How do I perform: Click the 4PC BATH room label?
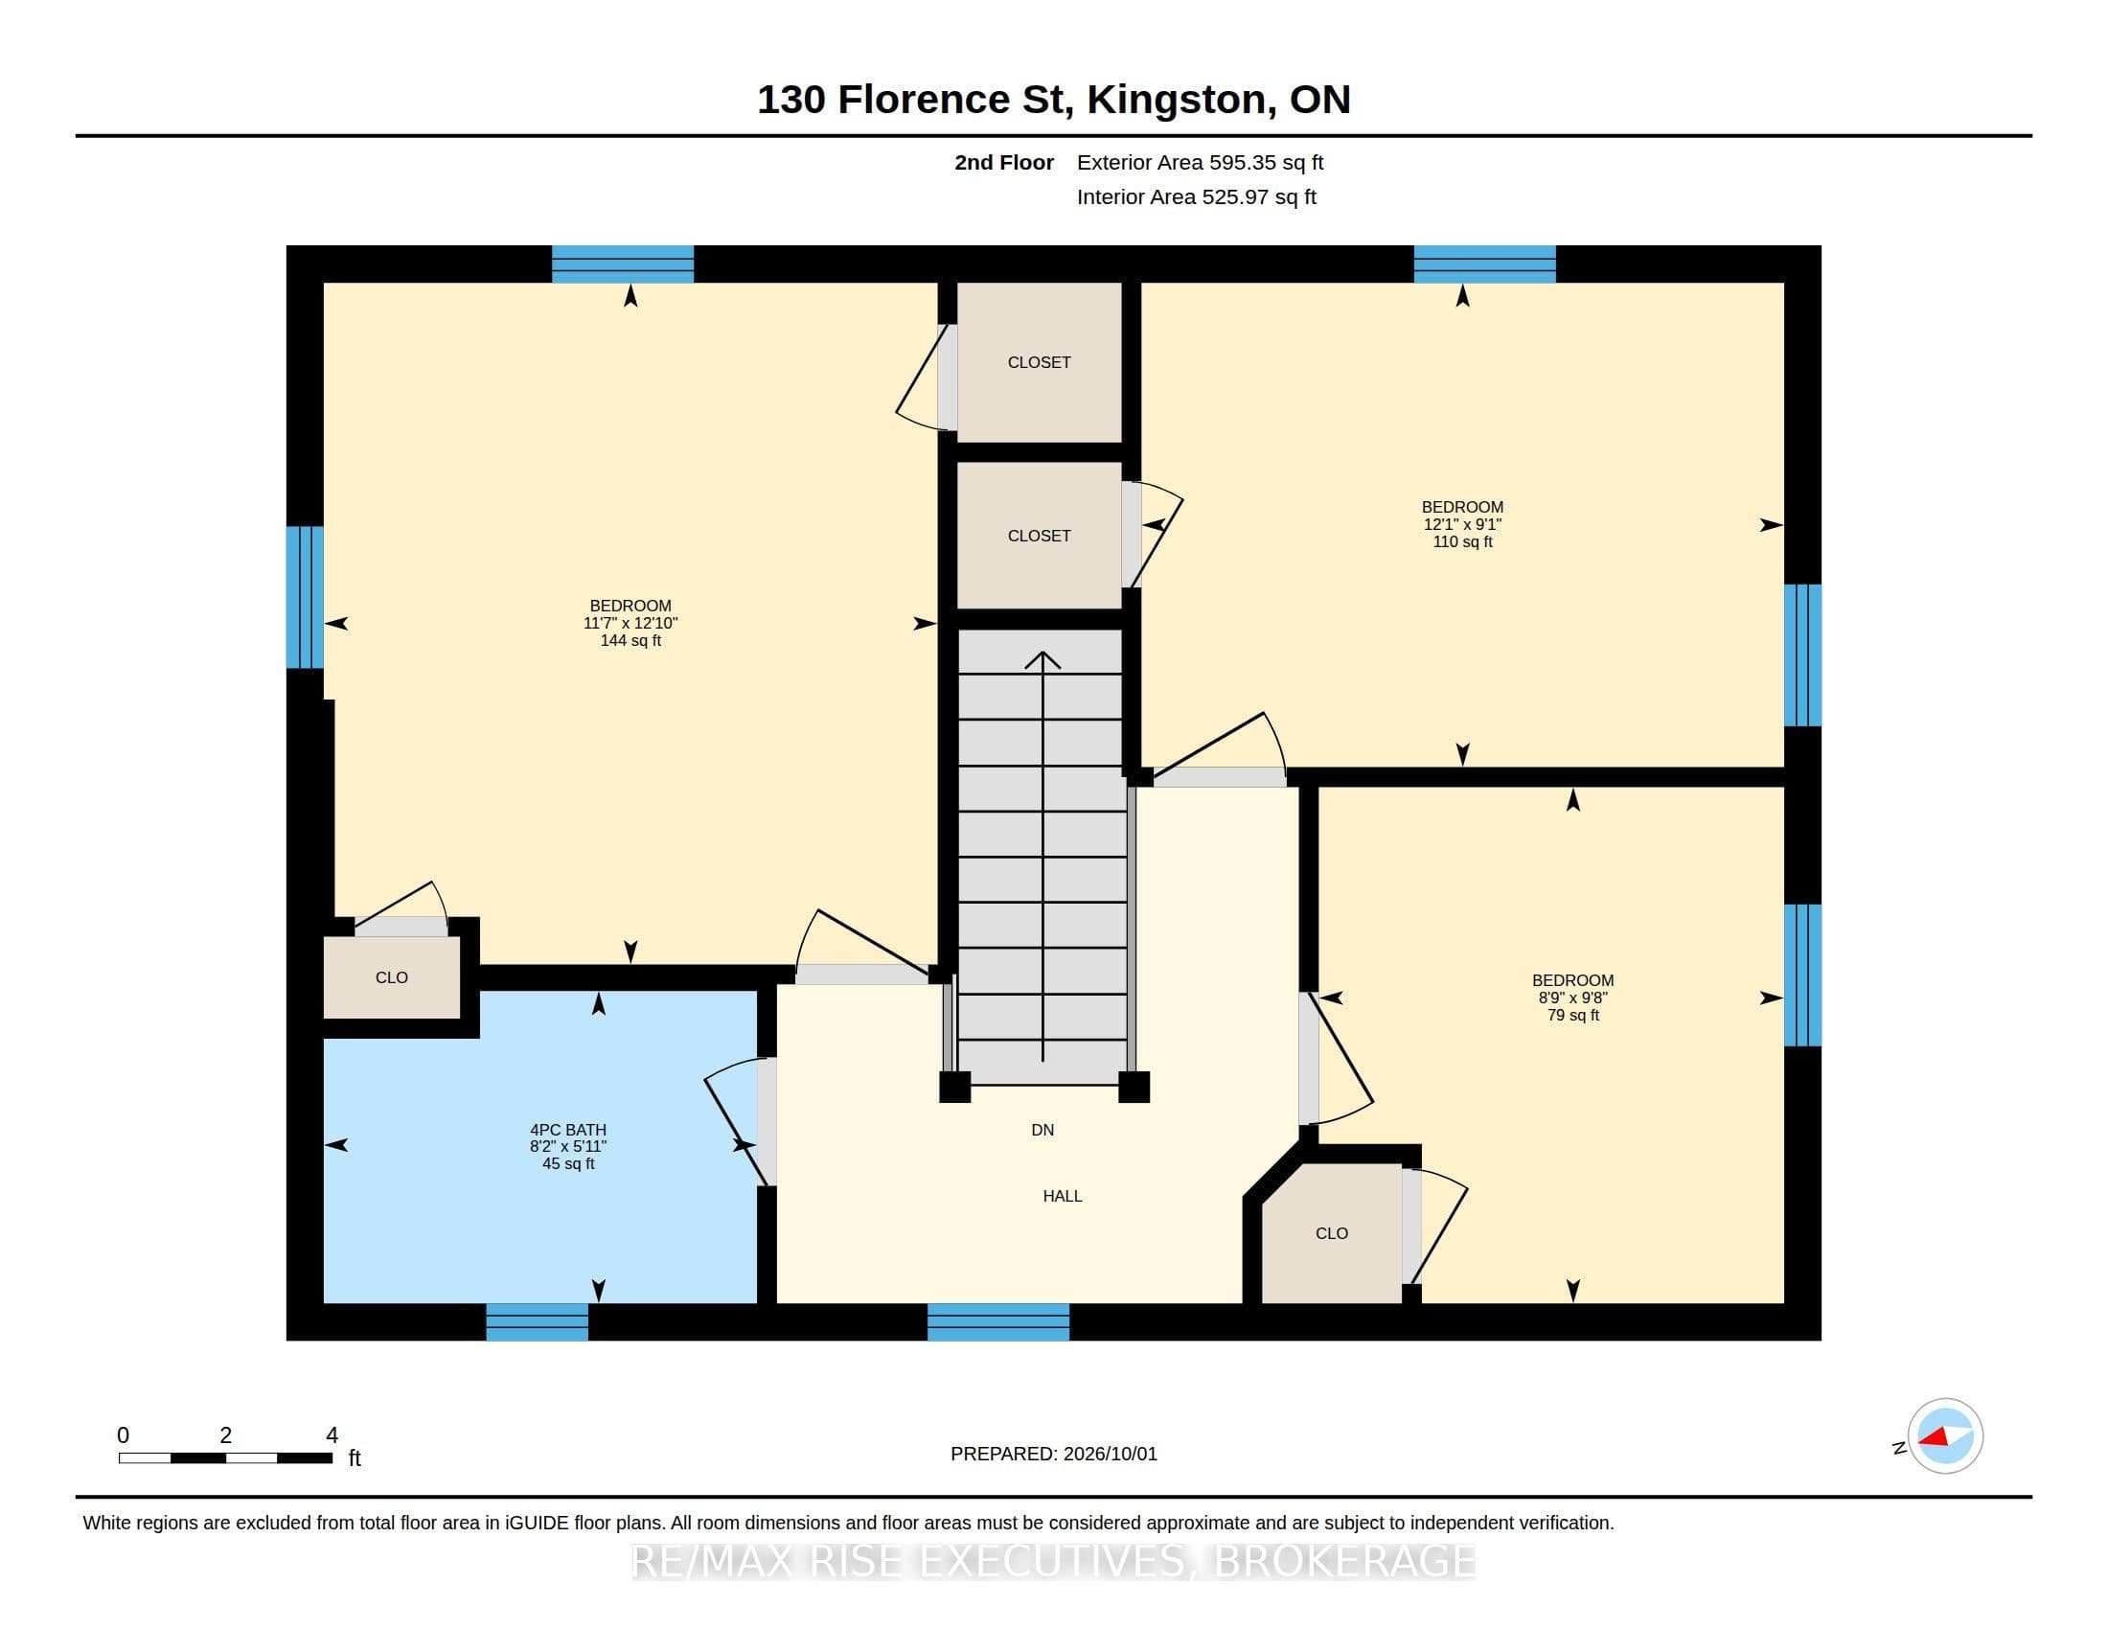[567, 1129]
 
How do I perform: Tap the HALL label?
[1062, 1196]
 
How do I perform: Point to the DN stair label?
[1043, 1129]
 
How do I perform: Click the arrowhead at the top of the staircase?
[1043, 660]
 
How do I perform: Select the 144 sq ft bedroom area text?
[630, 640]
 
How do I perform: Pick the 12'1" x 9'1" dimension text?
[1462, 524]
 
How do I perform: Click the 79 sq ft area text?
[1573, 1015]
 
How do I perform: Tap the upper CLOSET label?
[1039, 362]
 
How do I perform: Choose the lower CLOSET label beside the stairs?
[1039, 536]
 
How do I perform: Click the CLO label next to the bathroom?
[391, 977]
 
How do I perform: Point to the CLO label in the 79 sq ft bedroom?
[1331, 1233]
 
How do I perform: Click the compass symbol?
[1944, 1436]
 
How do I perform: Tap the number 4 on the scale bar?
[332, 1435]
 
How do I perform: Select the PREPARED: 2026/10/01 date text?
[1053, 1454]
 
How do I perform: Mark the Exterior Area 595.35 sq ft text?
[1200, 162]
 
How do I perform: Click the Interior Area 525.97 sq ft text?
[1196, 196]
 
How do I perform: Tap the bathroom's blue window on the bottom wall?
[537, 1322]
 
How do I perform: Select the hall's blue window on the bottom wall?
[998, 1322]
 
